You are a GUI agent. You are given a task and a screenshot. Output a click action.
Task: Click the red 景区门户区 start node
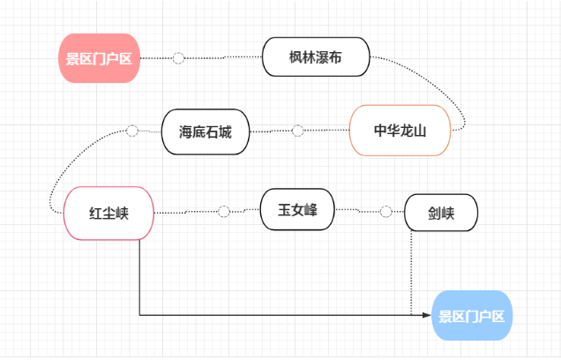(x=99, y=58)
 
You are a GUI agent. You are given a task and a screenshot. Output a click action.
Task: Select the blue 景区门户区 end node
(x=472, y=315)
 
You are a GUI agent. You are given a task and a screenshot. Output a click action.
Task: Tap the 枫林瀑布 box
(x=316, y=58)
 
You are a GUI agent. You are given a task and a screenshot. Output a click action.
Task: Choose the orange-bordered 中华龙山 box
(x=400, y=131)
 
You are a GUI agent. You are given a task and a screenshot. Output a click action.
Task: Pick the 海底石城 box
(x=206, y=131)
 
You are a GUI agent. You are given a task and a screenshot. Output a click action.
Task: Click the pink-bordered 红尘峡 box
(x=109, y=213)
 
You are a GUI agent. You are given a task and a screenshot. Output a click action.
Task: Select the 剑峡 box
(x=441, y=213)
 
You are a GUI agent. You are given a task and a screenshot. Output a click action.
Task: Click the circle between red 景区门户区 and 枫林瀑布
(x=179, y=58)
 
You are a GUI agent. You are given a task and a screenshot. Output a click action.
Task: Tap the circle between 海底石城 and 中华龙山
(x=298, y=131)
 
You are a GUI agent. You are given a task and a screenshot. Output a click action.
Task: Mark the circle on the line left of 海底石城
(x=132, y=131)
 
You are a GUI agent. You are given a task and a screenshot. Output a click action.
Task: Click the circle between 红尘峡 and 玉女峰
(x=223, y=212)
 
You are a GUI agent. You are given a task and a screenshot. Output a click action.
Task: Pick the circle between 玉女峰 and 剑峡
(x=385, y=212)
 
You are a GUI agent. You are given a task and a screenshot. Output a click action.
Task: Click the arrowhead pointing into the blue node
(x=428, y=315)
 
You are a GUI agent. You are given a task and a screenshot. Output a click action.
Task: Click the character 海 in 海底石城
(x=186, y=131)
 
